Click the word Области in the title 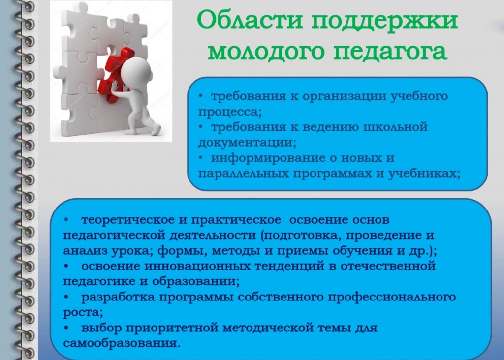250,20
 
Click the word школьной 395,126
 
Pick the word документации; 247,142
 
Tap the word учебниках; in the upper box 424,174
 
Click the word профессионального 392,297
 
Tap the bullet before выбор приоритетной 66,328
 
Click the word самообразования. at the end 122,343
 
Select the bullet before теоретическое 66,220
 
